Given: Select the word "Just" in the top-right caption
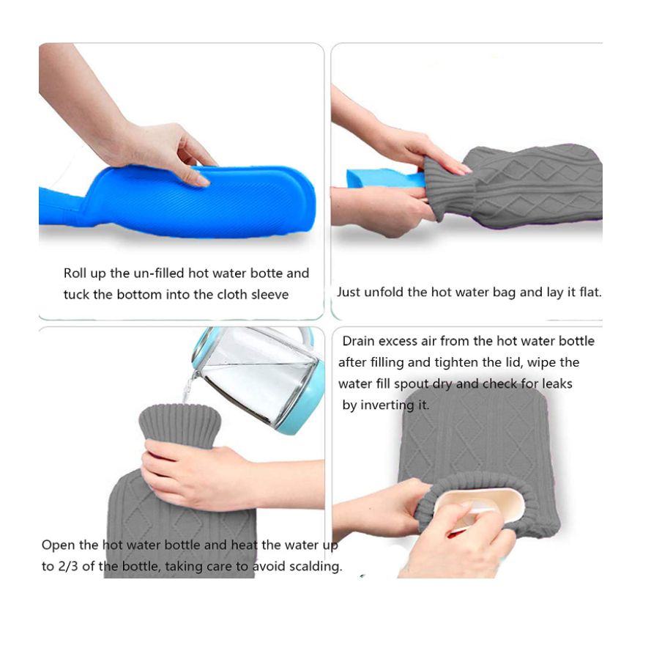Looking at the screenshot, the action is coord(349,292).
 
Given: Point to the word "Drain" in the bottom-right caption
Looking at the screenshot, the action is coord(358,341).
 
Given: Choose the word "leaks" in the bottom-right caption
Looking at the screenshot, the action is coord(557,384).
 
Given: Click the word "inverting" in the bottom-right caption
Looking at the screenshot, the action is coord(387,405).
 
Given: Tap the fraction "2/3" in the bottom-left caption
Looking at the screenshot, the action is coord(68,567).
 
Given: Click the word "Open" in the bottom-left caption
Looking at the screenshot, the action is coord(59,545).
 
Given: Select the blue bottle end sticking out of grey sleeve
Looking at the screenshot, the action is coord(385,178).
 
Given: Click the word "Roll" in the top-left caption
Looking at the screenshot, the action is coord(75,273).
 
